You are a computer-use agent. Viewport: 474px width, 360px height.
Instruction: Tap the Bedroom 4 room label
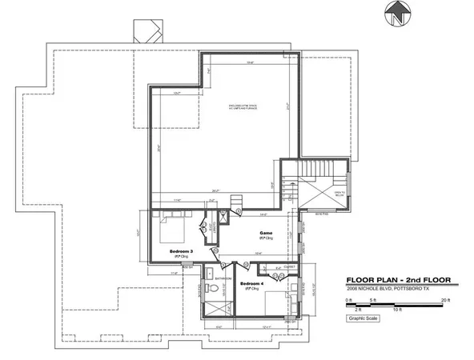252,284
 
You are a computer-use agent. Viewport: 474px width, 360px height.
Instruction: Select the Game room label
265,234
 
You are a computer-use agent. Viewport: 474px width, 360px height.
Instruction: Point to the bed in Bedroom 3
171,230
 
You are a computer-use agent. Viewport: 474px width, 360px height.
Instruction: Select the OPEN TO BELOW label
339,193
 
